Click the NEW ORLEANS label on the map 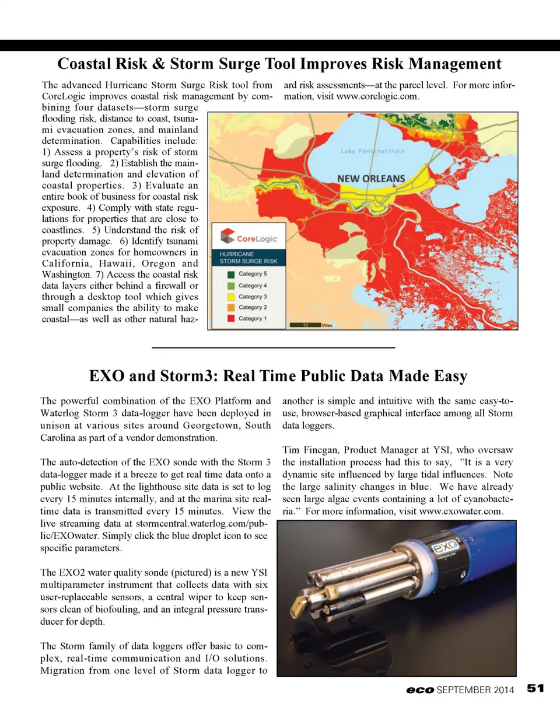tap(371, 179)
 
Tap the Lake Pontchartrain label tap(372, 151)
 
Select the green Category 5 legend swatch tap(231, 274)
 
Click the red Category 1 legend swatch tap(231, 319)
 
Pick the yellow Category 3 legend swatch tap(231, 297)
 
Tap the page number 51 tap(535, 688)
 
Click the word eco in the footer tap(420, 690)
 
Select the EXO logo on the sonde tap(447, 547)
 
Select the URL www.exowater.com tap(460, 512)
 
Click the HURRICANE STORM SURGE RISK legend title tap(249, 258)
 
